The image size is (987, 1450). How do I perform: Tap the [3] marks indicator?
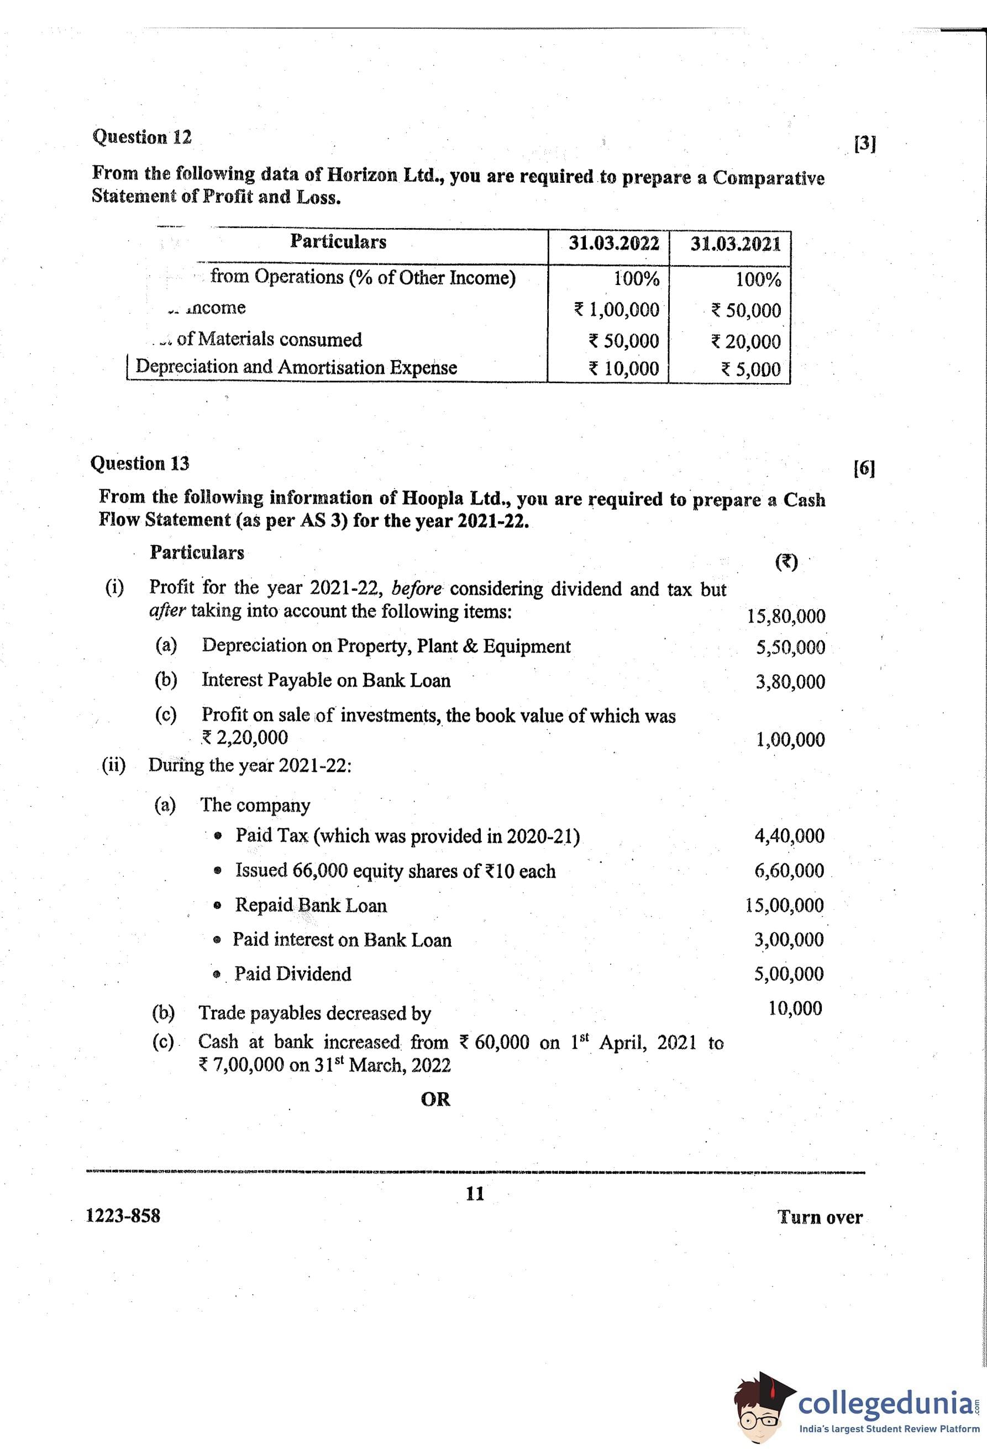(x=865, y=144)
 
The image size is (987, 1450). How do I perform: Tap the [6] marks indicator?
(x=864, y=469)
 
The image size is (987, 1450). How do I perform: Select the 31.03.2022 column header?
(x=613, y=244)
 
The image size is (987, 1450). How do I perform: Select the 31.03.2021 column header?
(x=735, y=244)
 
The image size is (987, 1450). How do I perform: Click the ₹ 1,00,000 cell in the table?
(x=616, y=309)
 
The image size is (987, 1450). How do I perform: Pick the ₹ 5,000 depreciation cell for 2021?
(x=750, y=369)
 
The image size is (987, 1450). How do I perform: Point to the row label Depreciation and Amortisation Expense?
(x=296, y=367)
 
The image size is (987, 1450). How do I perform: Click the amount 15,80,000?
(x=786, y=616)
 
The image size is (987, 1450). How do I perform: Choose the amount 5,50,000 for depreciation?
(x=790, y=648)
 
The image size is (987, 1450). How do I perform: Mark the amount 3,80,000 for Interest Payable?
(x=790, y=682)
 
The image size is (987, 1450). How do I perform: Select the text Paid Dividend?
(x=292, y=974)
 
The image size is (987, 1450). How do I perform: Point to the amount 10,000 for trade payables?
(x=795, y=1008)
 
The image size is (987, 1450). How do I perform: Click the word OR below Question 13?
(x=435, y=1099)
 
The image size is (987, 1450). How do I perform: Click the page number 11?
(x=475, y=1194)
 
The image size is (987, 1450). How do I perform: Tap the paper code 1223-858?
(x=123, y=1215)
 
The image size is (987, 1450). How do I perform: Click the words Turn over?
(x=820, y=1216)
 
